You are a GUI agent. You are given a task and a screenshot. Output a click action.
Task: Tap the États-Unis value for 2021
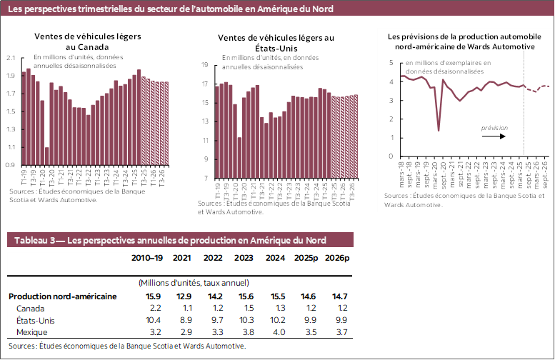[x=184, y=320]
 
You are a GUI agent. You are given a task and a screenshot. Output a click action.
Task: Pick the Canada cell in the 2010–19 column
[x=154, y=308]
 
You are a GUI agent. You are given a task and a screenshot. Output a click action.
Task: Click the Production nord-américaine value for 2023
[x=244, y=296]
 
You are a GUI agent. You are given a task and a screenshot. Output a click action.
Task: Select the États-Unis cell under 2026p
[x=337, y=320]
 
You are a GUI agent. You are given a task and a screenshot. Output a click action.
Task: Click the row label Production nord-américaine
[x=62, y=296]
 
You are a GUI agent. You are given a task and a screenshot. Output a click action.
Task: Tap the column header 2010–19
[x=148, y=258]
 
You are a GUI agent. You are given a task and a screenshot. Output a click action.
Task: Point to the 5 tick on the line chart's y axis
[x=391, y=63]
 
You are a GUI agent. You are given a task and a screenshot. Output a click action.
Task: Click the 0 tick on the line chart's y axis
[x=391, y=156]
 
